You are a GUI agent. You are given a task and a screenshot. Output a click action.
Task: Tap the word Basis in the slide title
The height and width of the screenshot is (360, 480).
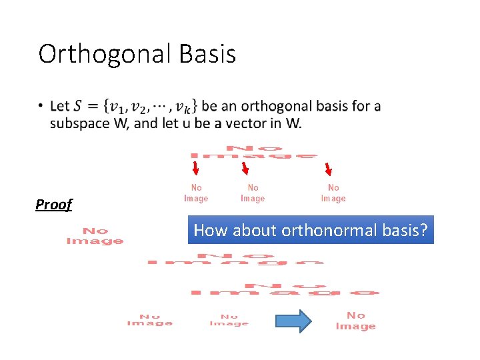pyautogui.click(x=206, y=54)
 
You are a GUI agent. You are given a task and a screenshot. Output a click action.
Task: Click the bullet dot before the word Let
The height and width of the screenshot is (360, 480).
pyautogui.click(x=42, y=106)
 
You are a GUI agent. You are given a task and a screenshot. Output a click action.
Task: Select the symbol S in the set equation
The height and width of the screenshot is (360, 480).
pyautogui.click(x=79, y=106)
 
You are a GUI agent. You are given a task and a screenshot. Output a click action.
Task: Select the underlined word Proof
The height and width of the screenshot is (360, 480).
pyautogui.click(x=53, y=205)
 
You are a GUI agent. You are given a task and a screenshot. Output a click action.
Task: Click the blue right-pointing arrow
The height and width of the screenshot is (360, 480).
pyautogui.click(x=293, y=321)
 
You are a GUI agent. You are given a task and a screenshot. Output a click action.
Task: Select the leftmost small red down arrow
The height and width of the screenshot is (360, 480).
pyautogui.click(x=196, y=169)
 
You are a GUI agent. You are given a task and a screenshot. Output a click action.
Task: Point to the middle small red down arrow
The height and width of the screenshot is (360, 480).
pyautogui.click(x=245, y=169)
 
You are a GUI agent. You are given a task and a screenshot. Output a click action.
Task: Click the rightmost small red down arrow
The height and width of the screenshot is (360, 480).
pyautogui.click(x=328, y=169)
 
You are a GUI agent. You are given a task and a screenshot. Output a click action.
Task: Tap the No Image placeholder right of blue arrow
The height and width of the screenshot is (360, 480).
pyautogui.click(x=355, y=321)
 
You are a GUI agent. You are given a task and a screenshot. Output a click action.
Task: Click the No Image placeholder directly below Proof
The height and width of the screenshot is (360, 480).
pyautogui.click(x=95, y=236)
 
